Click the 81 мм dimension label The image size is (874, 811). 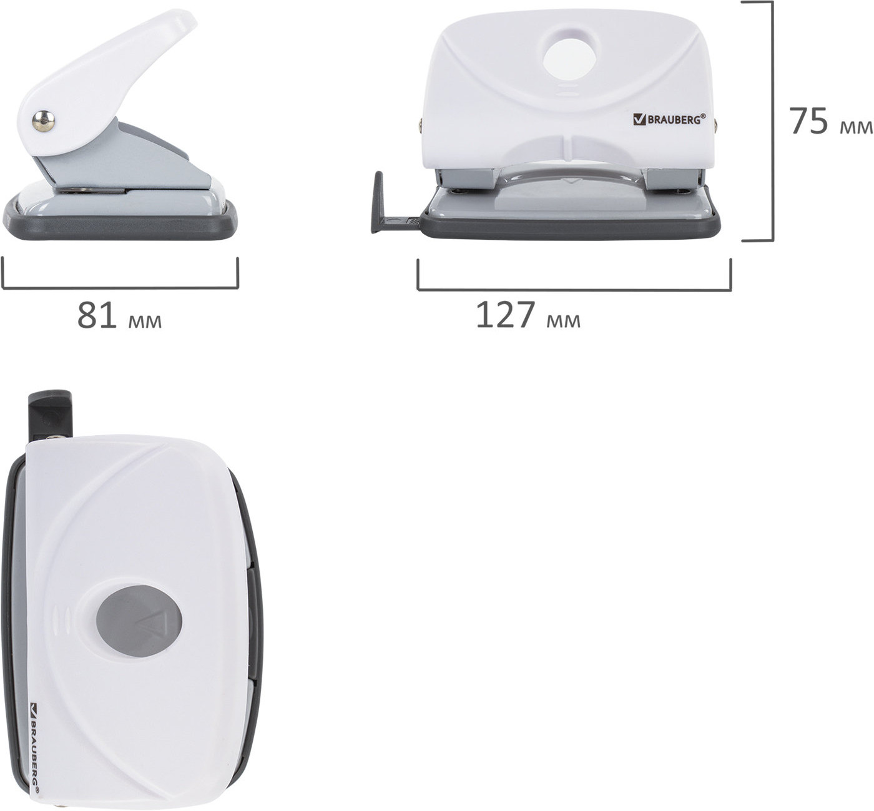120,315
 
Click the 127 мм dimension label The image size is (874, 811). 528,315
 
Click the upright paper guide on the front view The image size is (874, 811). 378,202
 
